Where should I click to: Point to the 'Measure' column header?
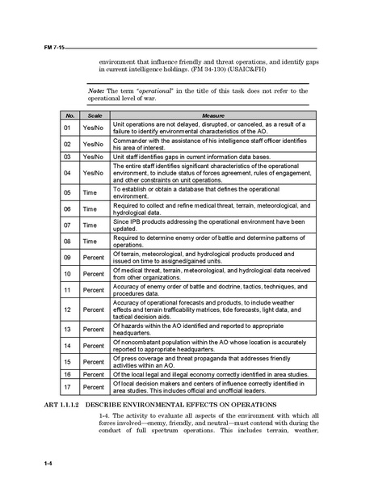[212, 116]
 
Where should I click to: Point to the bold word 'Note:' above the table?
[98, 90]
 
